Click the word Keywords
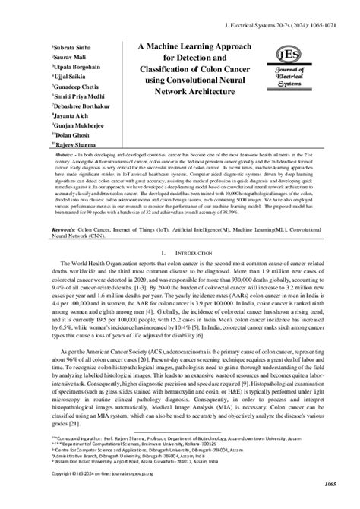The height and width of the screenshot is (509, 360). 64,227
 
